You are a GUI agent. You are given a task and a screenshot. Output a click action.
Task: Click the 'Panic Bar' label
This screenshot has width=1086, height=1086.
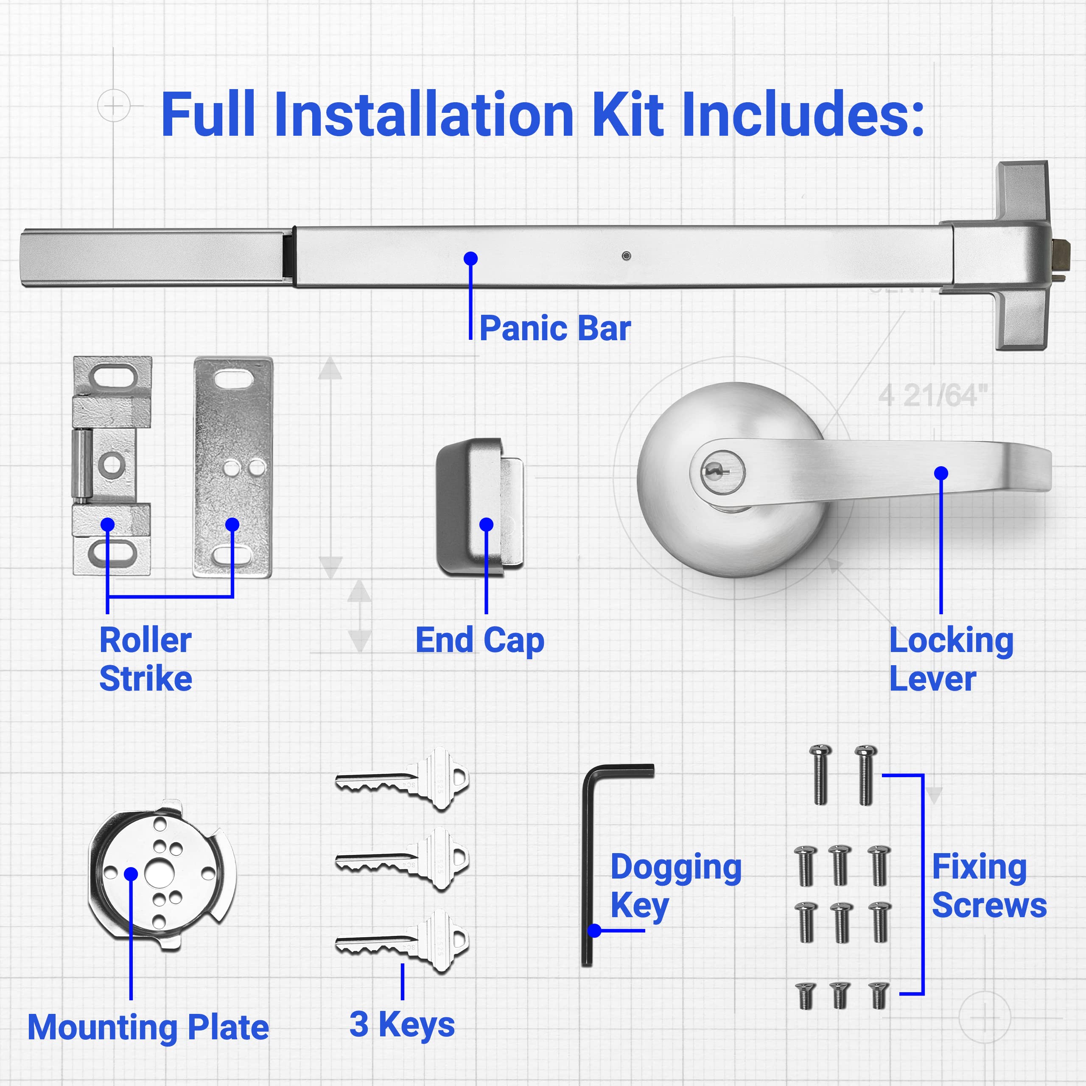pos(555,329)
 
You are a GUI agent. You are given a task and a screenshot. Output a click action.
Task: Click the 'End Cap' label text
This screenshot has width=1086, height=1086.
pos(479,641)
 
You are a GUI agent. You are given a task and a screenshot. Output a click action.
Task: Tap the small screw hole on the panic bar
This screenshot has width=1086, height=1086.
pos(626,256)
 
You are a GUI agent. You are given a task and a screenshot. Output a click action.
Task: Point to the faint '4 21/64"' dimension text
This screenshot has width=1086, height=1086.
pos(932,396)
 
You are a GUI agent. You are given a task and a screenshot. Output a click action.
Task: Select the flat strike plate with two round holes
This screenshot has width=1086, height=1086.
pos(233,467)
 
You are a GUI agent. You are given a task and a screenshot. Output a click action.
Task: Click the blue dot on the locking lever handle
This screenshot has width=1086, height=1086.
pos(941,473)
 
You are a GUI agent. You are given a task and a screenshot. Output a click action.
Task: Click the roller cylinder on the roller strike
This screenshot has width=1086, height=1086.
pos(82,465)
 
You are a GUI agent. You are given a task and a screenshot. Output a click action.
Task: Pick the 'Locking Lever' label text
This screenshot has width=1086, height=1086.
pos(951,659)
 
